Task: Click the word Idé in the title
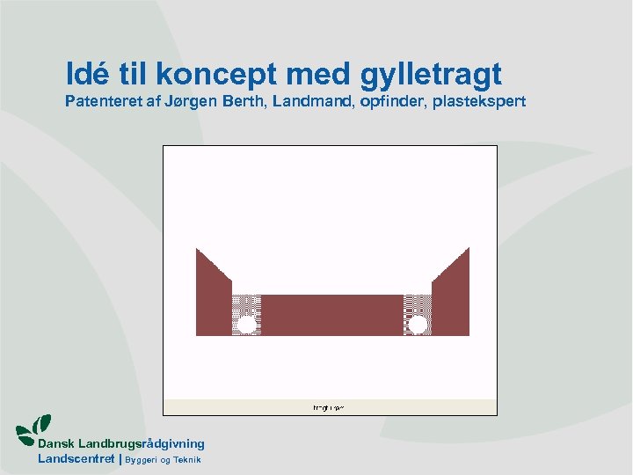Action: click(86, 72)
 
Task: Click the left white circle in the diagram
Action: click(247, 325)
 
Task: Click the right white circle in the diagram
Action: click(418, 325)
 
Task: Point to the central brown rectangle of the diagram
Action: click(331, 314)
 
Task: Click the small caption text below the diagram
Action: click(329, 407)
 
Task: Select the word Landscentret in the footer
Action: click(76, 458)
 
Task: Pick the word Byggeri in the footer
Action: click(141, 460)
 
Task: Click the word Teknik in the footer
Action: click(186, 459)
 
